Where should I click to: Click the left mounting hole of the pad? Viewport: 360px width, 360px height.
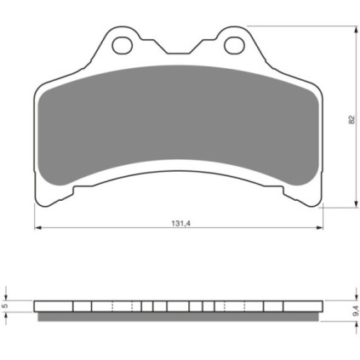tap(123, 45)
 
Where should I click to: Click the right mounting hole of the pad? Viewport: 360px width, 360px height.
tap(234, 45)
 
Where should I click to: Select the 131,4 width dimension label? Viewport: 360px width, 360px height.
tap(180, 224)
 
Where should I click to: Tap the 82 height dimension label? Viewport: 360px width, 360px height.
tap(351, 119)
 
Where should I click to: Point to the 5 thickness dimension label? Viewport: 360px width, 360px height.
tap(4, 306)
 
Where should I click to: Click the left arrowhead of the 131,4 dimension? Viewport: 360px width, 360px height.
tap(38, 227)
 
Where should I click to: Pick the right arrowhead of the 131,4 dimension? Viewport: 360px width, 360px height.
tap(319, 227)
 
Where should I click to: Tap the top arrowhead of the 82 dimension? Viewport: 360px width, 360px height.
tap(356, 30)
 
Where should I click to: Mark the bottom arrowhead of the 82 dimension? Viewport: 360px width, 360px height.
tap(356, 203)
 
